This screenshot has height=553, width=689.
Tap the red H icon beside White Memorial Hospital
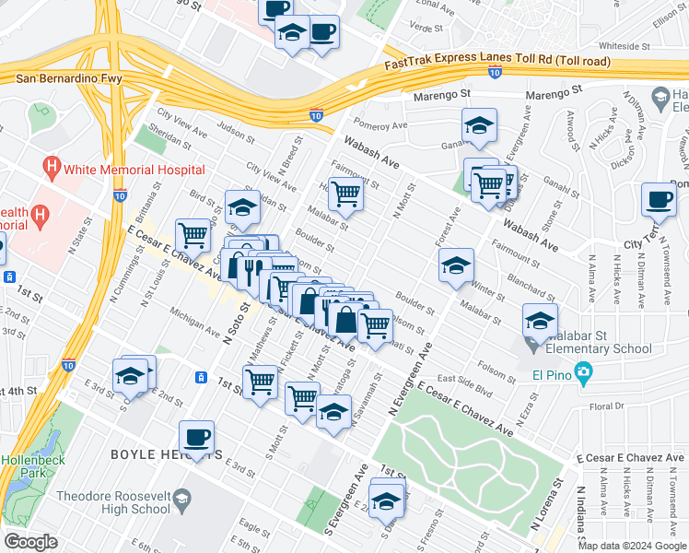[x=52, y=168]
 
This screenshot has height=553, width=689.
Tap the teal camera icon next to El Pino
[x=581, y=372]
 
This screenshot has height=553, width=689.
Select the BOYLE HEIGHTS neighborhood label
[x=166, y=454]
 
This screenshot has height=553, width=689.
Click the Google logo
[x=30, y=541]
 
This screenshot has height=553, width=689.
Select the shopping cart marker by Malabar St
[x=345, y=194]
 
